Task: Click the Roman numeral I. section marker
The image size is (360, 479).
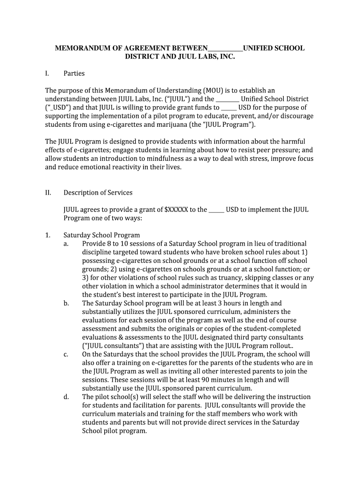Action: (x=47, y=73)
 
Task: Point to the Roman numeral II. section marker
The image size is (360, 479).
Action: (x=48, y=193)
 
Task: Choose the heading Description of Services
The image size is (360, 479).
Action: (x=98, y=193)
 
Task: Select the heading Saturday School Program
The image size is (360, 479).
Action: (x=101, y=235)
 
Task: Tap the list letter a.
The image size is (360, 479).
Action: (x=66, y=244)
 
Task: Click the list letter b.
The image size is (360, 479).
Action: (x=66, y=303)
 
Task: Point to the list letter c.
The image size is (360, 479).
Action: (x=66, y=355)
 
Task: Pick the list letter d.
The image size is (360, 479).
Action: (x=66, y=397)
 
